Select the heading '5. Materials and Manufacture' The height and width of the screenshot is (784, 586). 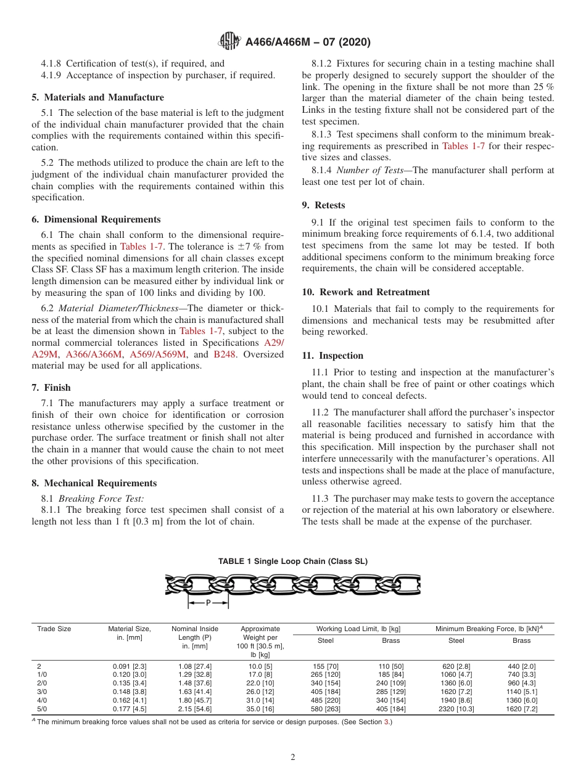tap(97, 97)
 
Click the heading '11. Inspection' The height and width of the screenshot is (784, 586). tap(332, 356)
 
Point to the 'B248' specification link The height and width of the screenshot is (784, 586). tap(225, 354)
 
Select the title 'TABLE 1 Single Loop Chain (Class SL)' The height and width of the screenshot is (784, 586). tap(292, 561)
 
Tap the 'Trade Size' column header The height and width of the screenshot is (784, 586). tap(54, 629)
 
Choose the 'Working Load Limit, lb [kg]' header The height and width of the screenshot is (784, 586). tap(358, 629)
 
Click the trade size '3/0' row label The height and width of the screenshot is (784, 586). tap(43, 692)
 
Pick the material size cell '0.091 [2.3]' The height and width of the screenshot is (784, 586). tap(130, 666)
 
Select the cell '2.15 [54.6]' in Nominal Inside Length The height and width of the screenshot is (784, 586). tap(194, 709)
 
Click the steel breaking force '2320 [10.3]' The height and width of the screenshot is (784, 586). tap(456, 709)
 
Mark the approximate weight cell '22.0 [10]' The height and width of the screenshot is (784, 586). tap(260, 683)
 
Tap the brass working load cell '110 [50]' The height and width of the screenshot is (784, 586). tap(390, 666)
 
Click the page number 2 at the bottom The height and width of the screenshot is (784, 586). tap(293, 757)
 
